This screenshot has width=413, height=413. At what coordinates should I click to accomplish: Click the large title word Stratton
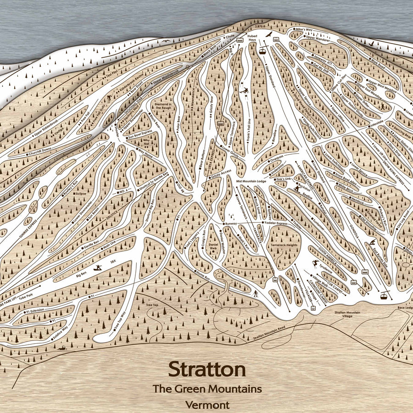206,368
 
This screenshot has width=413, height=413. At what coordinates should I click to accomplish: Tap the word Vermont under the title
207,405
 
